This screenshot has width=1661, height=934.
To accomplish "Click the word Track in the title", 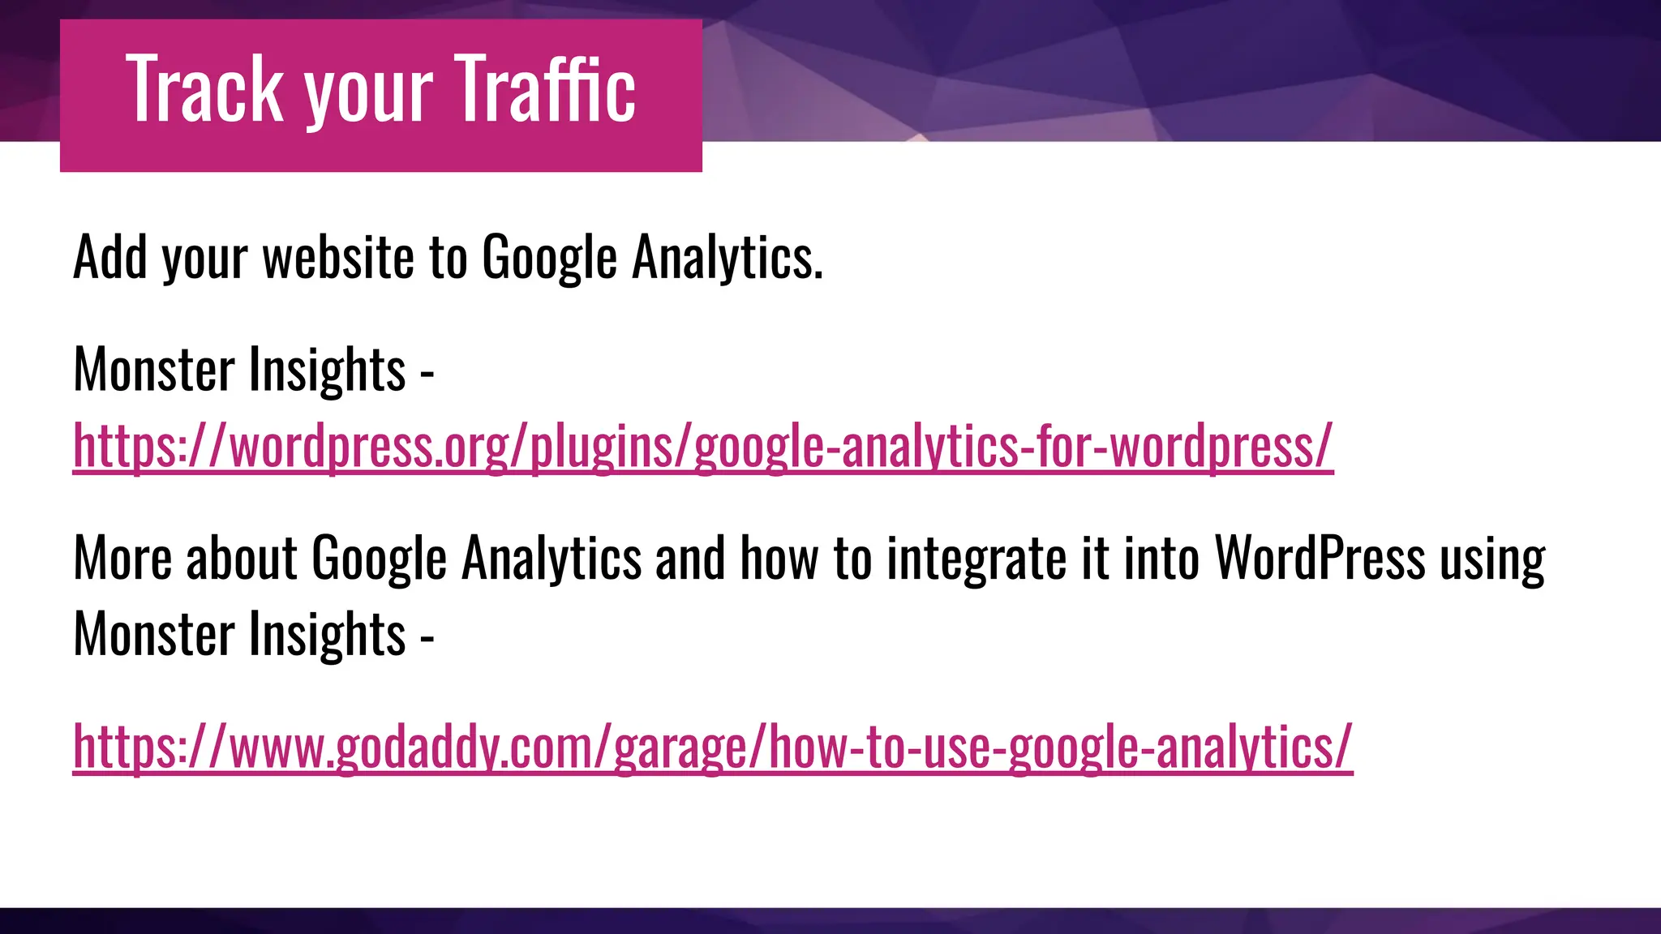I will (x=205, y=89).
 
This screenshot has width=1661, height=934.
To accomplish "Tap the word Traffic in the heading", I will (x=544, y=89).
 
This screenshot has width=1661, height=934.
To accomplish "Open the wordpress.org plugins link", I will (x=702, y=446).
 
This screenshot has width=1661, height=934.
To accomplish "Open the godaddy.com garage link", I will (x=712, y=746).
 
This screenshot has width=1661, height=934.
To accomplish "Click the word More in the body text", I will (x=122, y=559).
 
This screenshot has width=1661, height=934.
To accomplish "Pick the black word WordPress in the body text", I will (x=1320, y=559).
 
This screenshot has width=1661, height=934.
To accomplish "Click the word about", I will (x=242, y=559).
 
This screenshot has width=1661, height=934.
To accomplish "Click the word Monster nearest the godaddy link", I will (x=153, y=635).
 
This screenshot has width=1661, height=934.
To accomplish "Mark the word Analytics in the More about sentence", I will (x=552, y=560).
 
